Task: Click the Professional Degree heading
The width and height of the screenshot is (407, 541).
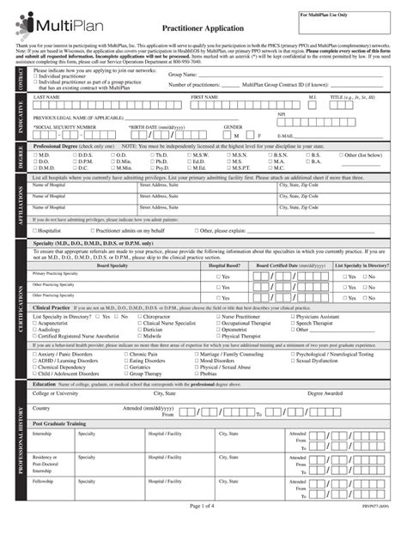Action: pyautogui.click(x=64, y=170)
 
